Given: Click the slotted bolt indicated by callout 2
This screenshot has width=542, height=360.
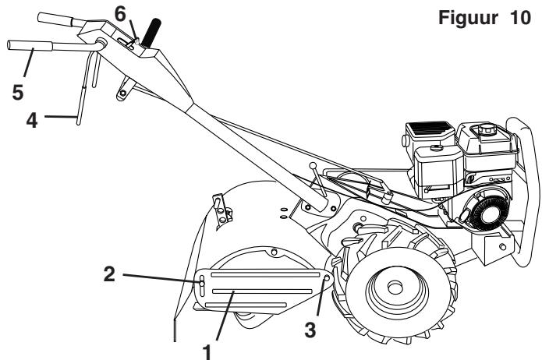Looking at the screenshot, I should [x=201, y=284].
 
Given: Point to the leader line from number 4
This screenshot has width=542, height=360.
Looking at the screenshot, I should [x=61, y=117].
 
